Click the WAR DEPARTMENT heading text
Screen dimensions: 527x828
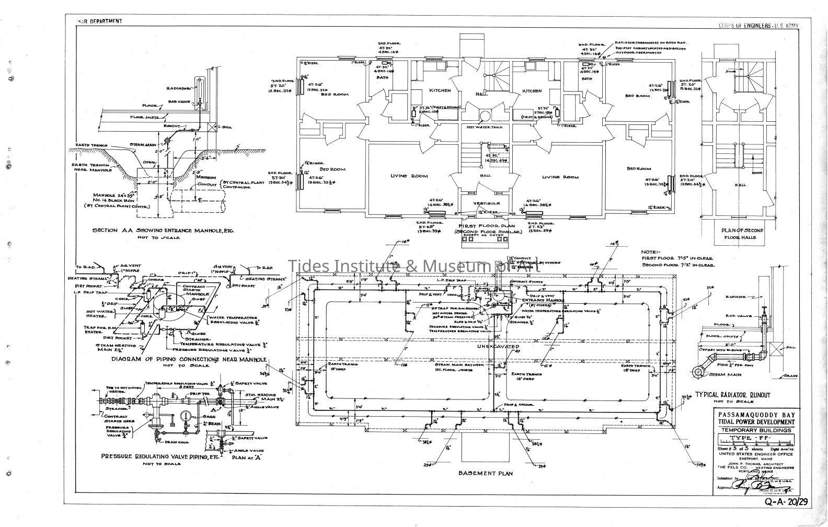coord(99,21)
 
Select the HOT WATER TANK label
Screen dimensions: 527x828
coord(481,127)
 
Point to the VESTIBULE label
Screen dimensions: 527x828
coord(486,203)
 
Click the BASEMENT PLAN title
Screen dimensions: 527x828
coord(485,473)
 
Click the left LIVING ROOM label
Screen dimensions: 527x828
coord(409,176)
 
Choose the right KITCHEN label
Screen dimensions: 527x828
coord(532,91)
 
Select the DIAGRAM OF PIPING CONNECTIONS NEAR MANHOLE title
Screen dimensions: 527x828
coord(189,360)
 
